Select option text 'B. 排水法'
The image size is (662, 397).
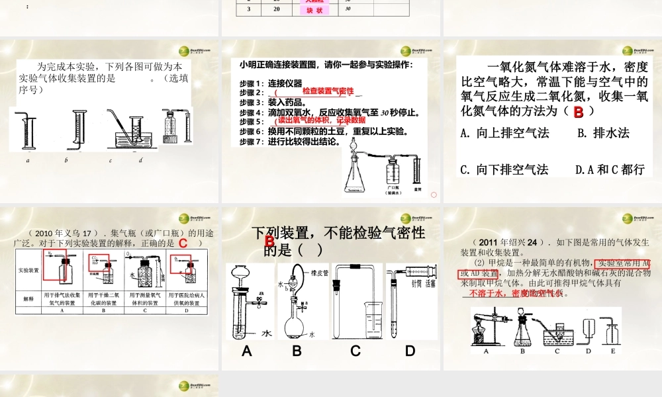click(603, 133)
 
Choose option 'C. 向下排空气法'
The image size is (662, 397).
click(504, 169)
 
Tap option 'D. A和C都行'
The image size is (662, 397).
click(610, 169)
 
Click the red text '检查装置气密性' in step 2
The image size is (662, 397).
click(328, 91)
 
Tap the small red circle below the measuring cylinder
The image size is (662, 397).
click(434, 195)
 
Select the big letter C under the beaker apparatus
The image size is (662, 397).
click(355, 351)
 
